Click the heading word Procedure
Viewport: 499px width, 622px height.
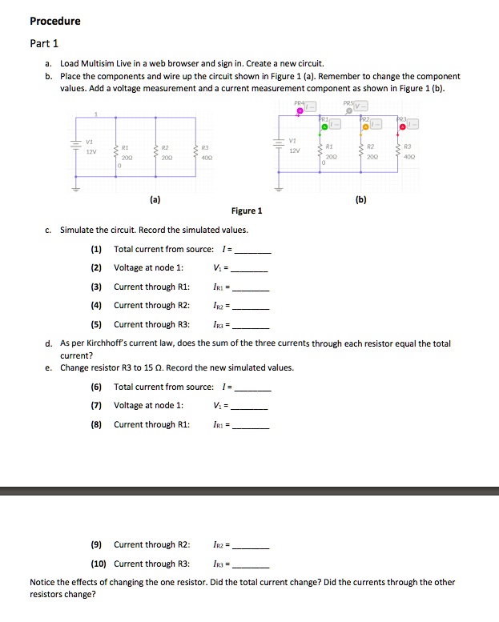pos(55,21)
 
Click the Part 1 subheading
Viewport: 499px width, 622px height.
pos(44,43)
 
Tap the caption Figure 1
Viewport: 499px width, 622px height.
pos(247,211)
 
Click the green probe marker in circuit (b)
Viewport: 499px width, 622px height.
pos(324,126)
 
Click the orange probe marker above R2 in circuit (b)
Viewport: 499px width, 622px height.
pos(365,126)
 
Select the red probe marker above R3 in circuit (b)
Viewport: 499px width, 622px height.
pos(403,126)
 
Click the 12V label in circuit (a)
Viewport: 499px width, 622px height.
pos(91,150)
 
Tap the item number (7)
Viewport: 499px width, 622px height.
pos(96,406)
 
